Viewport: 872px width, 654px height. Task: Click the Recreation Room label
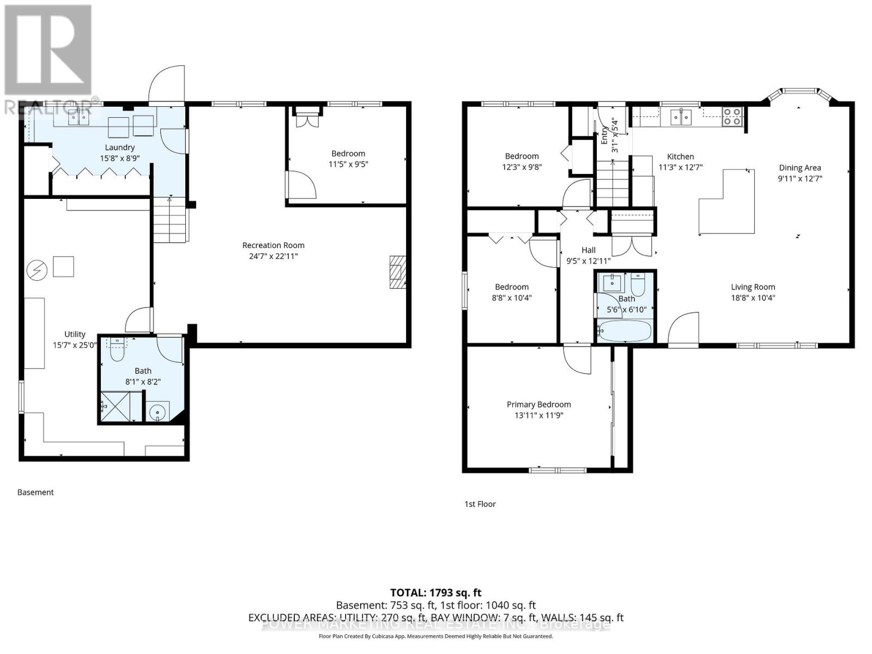click(x=273, y=245)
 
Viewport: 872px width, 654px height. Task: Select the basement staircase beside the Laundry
click(x=169, y=220)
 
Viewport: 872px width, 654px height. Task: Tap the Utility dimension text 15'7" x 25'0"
click(x=75, y=345)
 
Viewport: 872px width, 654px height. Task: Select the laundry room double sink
click(x=79, y=117)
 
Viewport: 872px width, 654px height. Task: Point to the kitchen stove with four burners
click(x=732, y=117)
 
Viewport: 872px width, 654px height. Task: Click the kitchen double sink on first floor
click(x=681, y=116)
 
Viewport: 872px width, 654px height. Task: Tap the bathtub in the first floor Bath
click(x=625, y=330)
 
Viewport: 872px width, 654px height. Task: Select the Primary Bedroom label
click(x=538, y=404)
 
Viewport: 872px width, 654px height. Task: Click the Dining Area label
click(x=800, y=168)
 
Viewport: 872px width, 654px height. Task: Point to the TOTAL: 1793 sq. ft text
click(x=435, y=592)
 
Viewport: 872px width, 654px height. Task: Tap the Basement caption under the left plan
click(x=35, y=492)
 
